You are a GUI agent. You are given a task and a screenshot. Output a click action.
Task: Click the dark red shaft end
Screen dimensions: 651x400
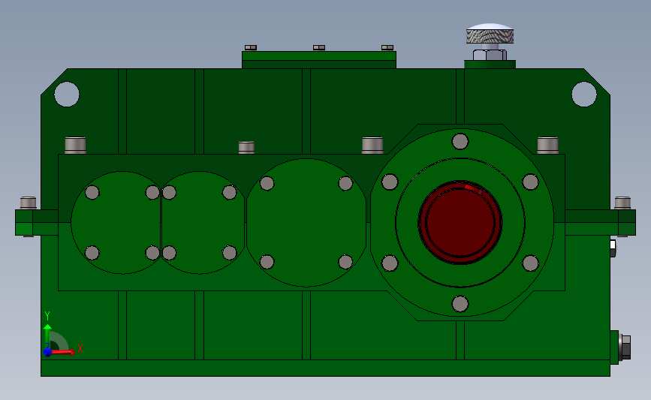tap(460, 222)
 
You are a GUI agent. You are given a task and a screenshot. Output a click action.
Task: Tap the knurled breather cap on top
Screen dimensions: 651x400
tap(490, 34)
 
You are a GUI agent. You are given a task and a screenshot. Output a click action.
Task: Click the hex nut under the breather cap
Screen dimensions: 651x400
tap(490, 55)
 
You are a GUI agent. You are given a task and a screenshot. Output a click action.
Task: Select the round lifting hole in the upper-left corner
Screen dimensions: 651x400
tap(66, 95)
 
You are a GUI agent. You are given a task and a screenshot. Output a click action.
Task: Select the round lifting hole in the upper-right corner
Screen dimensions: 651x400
tap(583, 95)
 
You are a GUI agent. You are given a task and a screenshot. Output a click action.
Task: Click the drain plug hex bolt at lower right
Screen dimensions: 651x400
tap(625, 347)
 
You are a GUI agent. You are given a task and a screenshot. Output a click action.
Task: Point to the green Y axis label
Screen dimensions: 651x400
tap(47, 316)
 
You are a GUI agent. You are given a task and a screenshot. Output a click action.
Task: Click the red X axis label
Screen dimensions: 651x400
tap(80, 348)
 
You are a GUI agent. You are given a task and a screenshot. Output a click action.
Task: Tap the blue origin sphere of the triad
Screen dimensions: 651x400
tap(47, 352)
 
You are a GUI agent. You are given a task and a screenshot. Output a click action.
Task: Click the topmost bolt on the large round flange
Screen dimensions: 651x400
tap(460, 142)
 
